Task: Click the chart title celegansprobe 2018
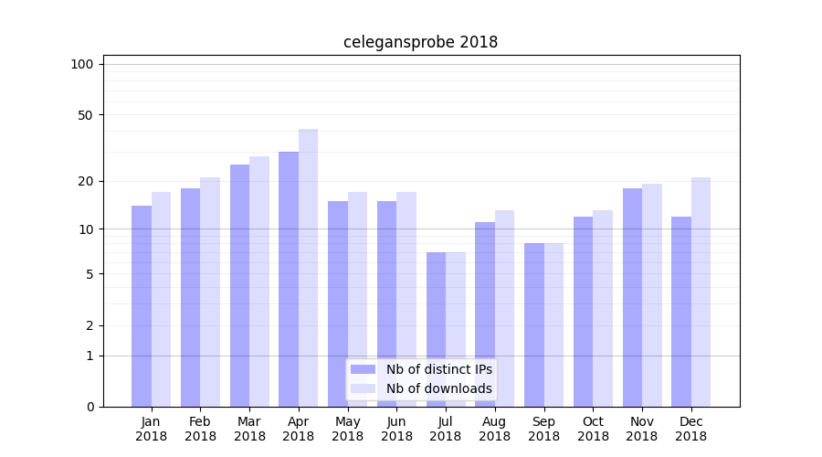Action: click(420, 42)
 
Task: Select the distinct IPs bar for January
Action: click(142, 306)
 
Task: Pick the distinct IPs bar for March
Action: click(239, 285)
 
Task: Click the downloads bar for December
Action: click(701, 292)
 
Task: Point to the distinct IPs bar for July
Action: click(436, 329)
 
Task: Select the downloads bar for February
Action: click(210, 292)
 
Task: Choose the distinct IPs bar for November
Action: click(632, 297)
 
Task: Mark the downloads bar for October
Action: click(603, 308)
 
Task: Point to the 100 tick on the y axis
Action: click(82, 64)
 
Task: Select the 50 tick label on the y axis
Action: click(86, 115)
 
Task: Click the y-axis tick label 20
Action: click(86, 181)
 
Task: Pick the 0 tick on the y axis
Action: click(90, 407)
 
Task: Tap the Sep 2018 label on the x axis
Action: click(543, 429)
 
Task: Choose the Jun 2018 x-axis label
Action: click(396, 429)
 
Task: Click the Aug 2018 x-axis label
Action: click(494, 429)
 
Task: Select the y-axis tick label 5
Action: click(90, 274)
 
